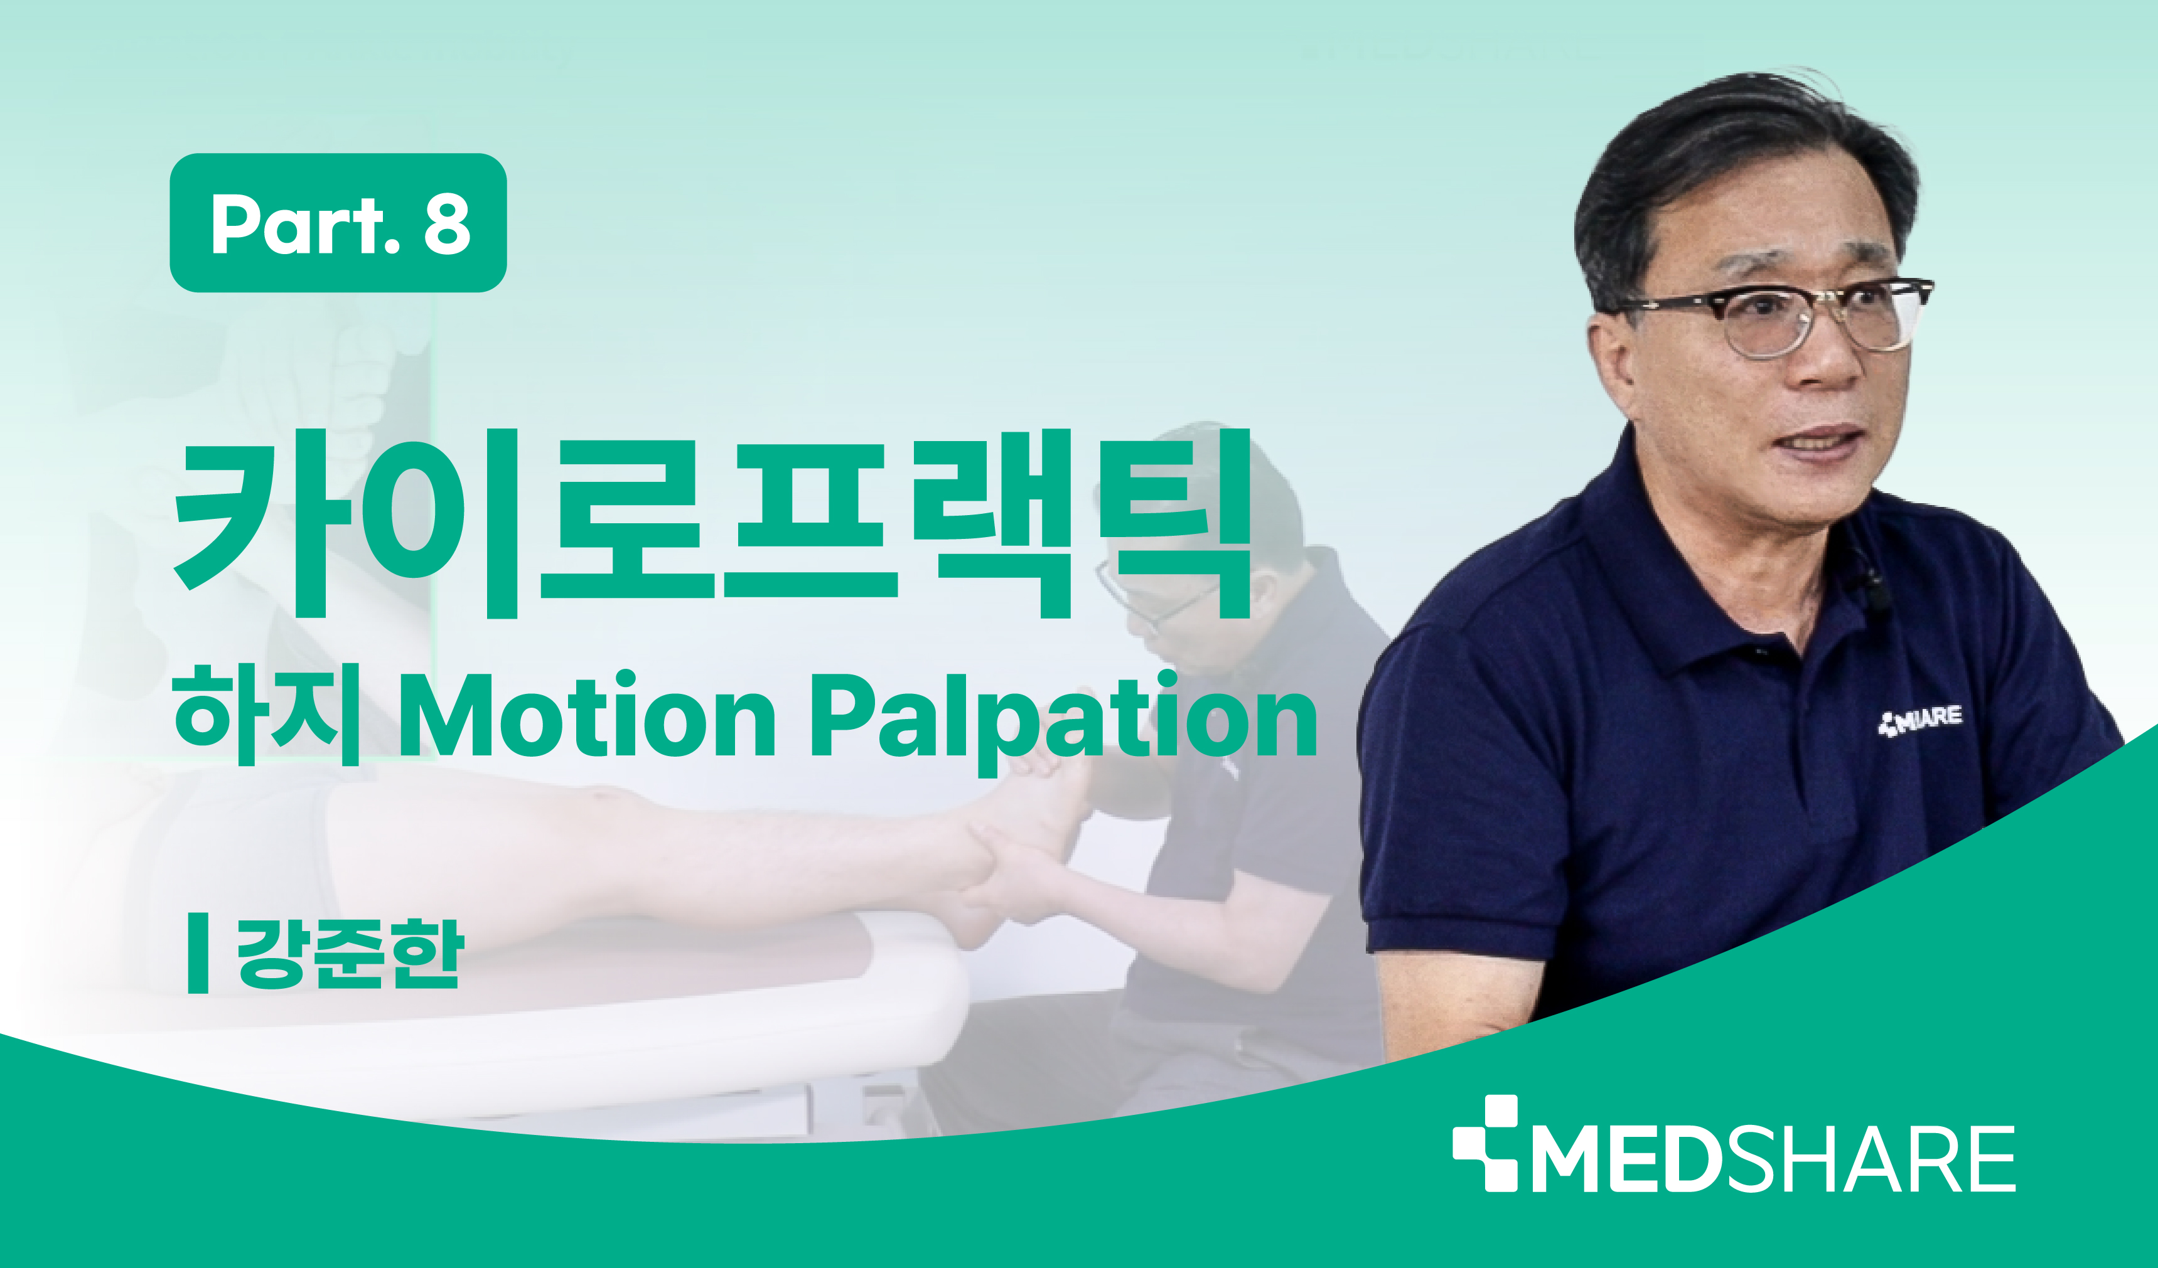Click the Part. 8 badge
pos(338,223)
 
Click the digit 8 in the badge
pos(447,223)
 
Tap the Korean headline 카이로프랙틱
pos(713,523)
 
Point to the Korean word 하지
pos(266,716)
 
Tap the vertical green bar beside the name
pos(198,953)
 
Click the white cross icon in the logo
pos(1485,1143)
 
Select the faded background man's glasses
pos(1156,595)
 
